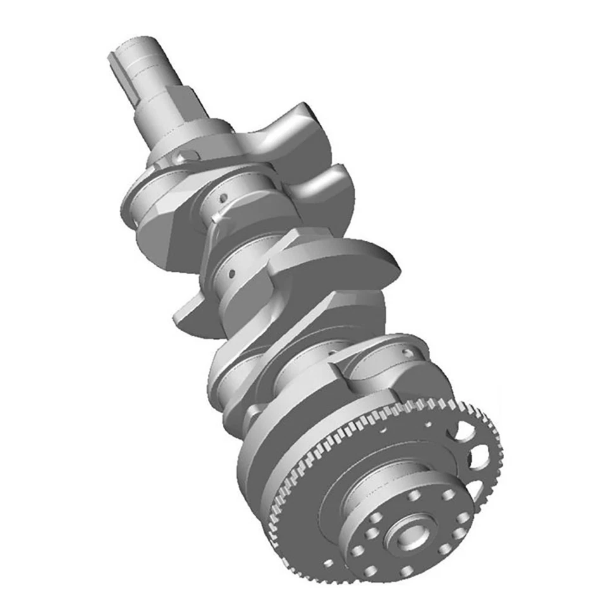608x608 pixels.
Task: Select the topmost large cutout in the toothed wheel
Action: tap(464, 432)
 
